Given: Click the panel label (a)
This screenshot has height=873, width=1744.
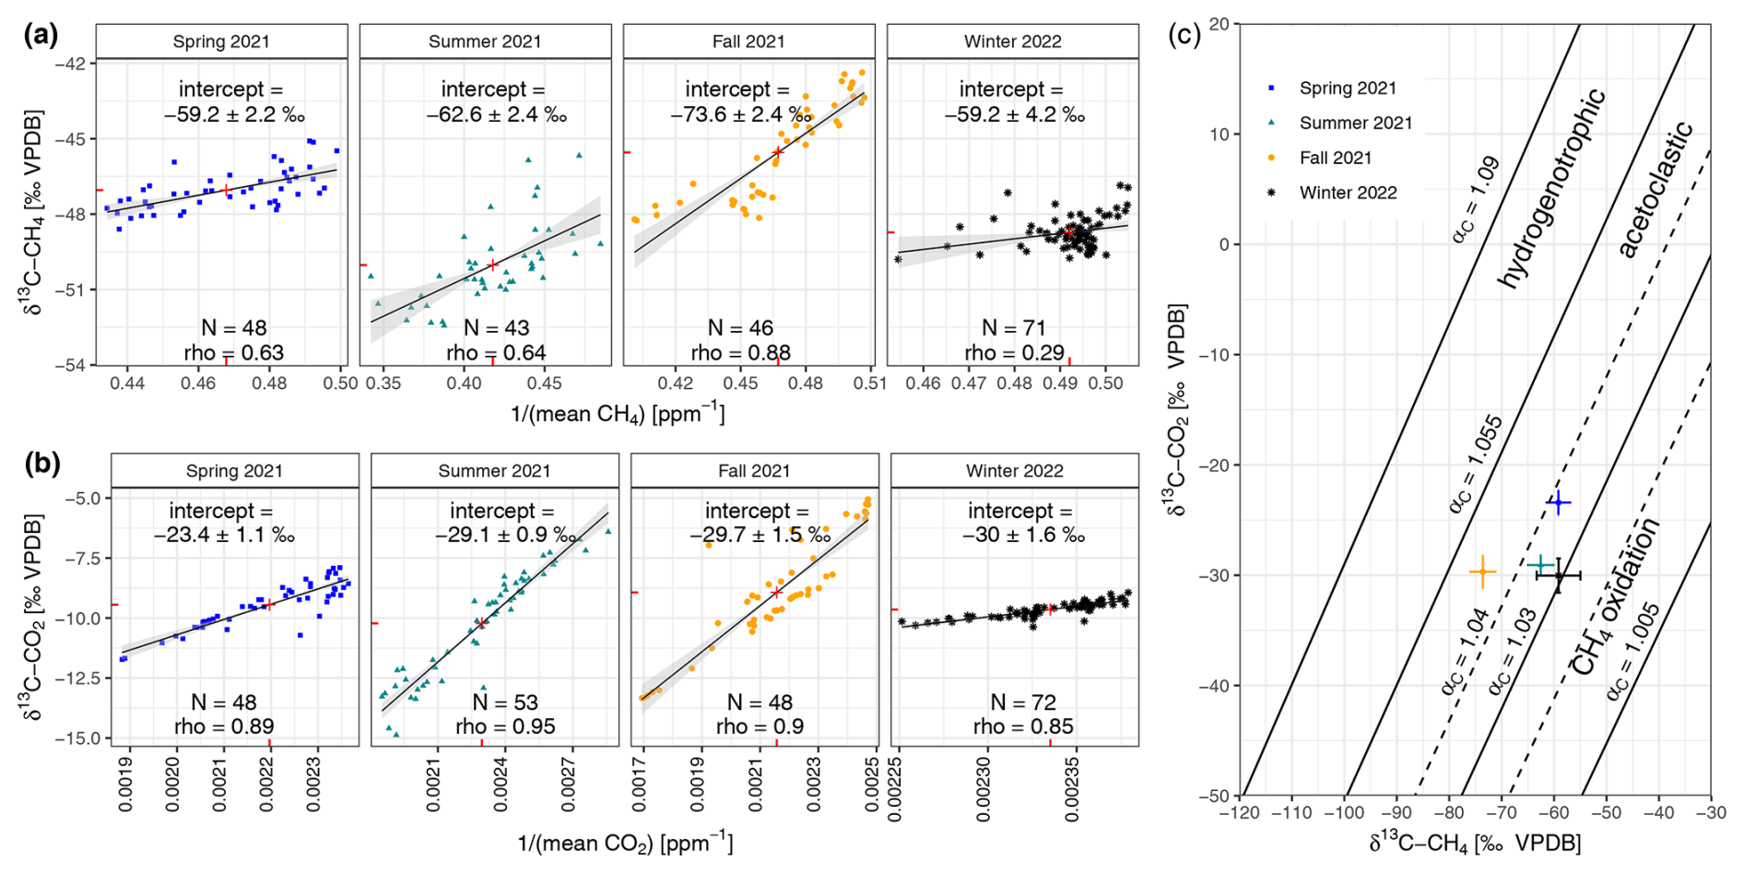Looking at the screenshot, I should coord(41,35).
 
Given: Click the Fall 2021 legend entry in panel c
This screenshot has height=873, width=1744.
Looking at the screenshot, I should coord(1335,158).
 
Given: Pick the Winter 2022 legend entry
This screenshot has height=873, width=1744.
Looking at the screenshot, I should coord(1348,193).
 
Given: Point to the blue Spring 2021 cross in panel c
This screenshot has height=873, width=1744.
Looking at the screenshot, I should coord(1558,502).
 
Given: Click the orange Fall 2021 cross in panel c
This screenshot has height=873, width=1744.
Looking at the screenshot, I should coord(1482,572).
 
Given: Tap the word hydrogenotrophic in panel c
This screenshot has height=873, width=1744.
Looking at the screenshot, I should coord(1552,188).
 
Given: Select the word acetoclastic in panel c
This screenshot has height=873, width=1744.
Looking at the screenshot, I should coord(1656,189).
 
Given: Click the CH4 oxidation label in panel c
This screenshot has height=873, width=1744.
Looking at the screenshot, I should coord(1614,596).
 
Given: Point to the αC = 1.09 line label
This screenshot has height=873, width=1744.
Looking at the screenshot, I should coord(1475,200).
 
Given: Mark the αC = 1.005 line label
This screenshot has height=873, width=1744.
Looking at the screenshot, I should coord(1633,651).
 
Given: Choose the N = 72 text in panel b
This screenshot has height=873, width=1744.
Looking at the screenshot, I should coord(1023,702).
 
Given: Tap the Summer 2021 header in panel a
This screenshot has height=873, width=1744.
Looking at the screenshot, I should coord(485,41).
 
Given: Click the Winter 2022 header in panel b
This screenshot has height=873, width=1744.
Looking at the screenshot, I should coord(1014,470).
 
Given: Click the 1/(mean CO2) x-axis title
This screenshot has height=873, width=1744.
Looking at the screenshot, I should coord(625,843).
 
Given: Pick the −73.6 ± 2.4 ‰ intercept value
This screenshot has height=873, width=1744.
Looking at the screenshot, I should coord(736,114).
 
